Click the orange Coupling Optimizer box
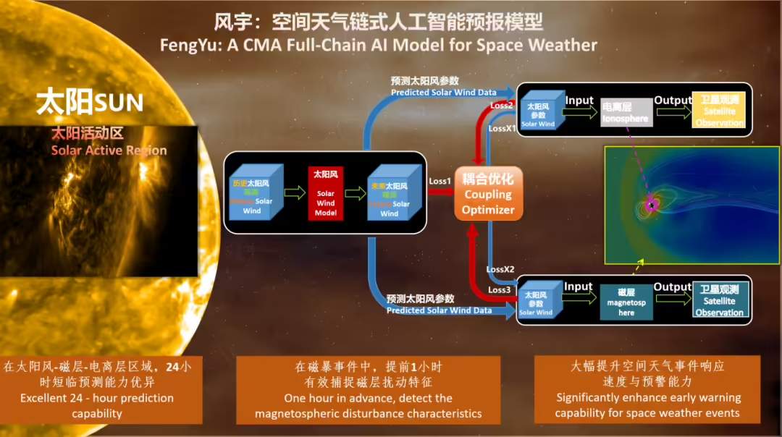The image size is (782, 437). click(489, 194)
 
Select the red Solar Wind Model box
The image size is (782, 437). click(325, 192)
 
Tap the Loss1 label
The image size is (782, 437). click(439, 181)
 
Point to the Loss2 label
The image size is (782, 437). click(500, 105)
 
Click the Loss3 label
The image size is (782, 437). click(499, 290)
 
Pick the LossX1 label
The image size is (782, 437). click(502, 128)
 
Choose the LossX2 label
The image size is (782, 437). click(500, 269)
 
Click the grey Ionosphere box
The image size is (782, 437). click(626, 113)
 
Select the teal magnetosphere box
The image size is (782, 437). click(626, 302)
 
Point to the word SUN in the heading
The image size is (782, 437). click(119, 103)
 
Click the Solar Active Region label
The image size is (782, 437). click(109, 150)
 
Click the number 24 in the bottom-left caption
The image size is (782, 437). click(172, 367)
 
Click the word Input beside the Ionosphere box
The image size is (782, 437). click(579, 101)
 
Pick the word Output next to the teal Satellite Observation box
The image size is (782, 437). click(672, 287)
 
